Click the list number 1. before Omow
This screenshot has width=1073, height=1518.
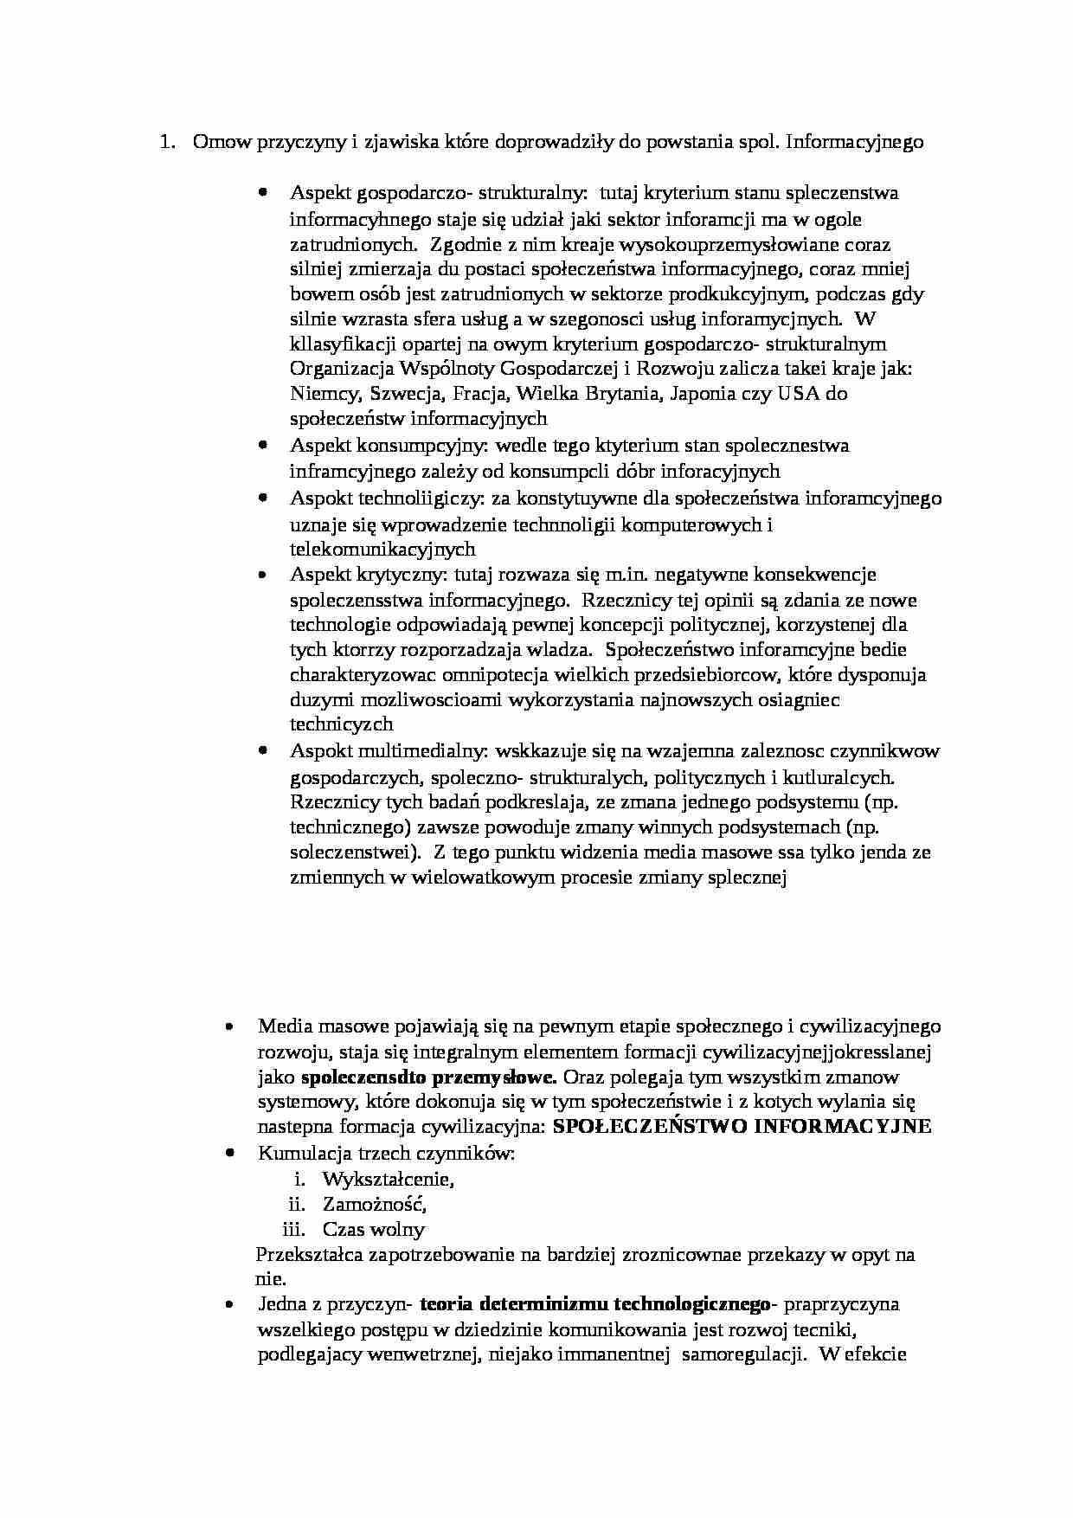pos(167,142)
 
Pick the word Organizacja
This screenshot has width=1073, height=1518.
pos(341,369)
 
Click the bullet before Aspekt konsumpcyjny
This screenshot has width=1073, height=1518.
pos(262,445)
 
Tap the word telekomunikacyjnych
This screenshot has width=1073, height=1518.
pos(382,549)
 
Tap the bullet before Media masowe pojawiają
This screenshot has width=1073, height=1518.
pos(230,1026)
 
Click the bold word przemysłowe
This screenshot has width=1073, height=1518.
pos(505,1077)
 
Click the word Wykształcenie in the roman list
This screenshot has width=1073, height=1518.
pos(388,1179)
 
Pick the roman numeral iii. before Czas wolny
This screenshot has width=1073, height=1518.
pos(293,1229)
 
